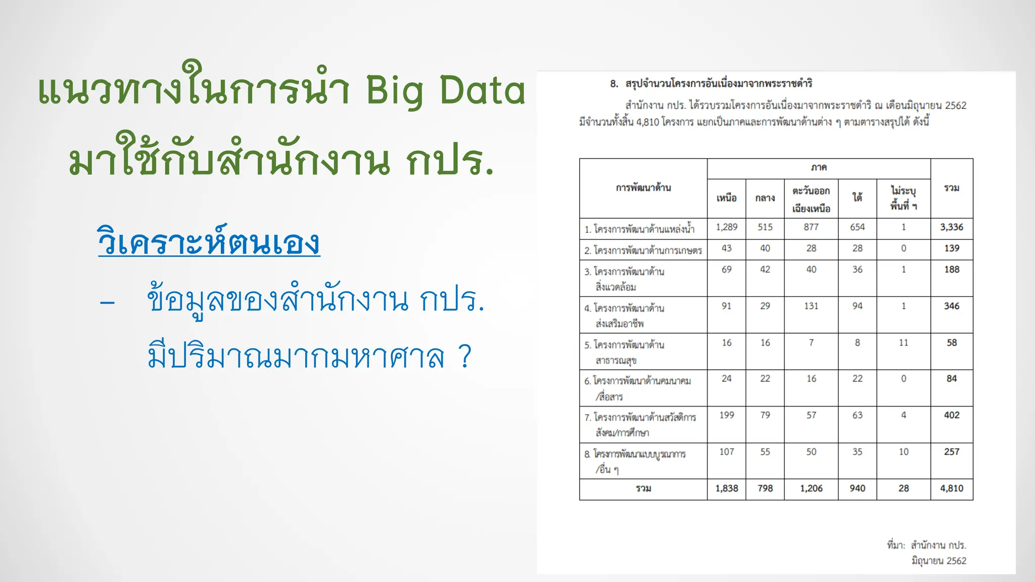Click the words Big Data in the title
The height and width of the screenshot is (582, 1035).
pos(445,91)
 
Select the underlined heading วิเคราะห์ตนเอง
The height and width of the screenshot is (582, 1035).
pos(209,242)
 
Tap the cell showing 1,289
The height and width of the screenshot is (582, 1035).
pos(726,227)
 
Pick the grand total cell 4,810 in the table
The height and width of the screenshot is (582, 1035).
pos(951,489)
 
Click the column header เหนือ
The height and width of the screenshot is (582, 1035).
pos(726,198)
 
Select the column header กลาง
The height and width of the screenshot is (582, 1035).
pos(765,198)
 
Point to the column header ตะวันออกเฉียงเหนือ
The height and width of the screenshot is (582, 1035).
pos(811,199)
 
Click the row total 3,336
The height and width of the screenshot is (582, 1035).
pos(951,227)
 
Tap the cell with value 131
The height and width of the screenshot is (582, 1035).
pos(811,306)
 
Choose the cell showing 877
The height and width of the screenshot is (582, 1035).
pos(811,227)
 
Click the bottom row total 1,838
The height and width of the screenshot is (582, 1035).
pos(726,489)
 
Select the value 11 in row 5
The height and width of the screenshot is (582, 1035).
pos(903,343)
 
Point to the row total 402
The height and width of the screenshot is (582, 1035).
pos(951,415)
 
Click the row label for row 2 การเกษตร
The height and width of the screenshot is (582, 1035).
pos(643,250)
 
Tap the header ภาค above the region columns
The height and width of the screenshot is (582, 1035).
pos(818,168)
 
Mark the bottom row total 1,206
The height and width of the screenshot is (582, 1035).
pos(811,489)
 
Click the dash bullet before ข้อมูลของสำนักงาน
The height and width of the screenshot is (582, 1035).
pos(107,302)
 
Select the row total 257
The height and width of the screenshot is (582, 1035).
pos(951,452)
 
